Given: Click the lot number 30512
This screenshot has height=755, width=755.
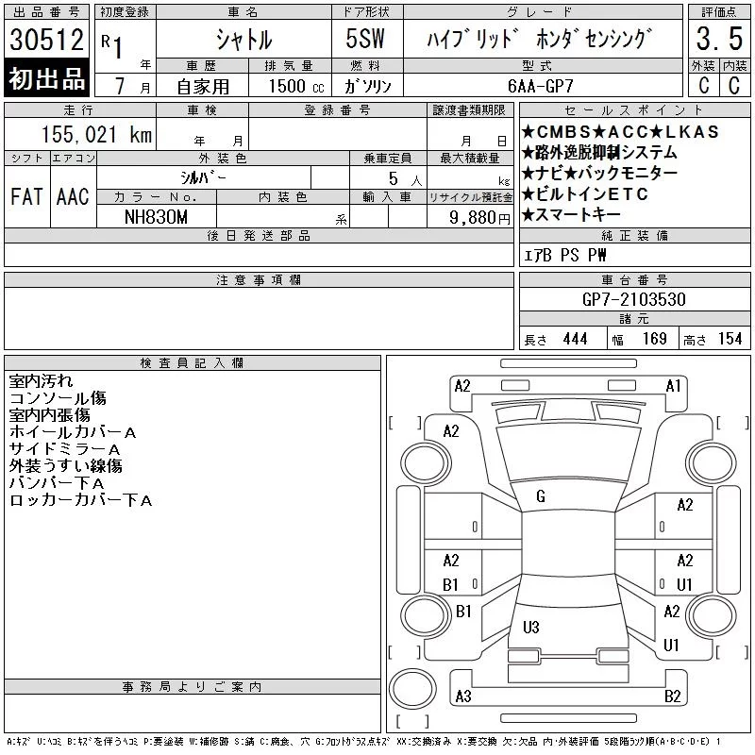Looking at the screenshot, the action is point(46,40).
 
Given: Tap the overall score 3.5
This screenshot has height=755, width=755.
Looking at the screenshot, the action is point(719,39).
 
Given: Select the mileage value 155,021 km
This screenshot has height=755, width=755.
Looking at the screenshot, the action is point(96,134).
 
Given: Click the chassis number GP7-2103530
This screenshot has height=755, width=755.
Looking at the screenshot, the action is point(634,299).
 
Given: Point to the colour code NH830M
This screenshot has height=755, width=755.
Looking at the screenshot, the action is point(156,217).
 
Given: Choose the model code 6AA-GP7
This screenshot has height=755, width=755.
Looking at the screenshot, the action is point(541,86).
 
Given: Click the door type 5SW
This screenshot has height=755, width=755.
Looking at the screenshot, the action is point(365,39).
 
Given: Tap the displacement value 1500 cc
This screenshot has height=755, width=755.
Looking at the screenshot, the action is point(296,86).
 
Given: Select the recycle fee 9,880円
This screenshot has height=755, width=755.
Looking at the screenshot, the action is point(479,218).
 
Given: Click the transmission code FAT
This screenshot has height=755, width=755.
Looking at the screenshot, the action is point(26,196).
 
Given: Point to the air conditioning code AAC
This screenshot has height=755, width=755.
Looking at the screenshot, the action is point(73,196).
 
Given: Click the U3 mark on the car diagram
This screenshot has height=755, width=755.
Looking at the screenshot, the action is point(530,627).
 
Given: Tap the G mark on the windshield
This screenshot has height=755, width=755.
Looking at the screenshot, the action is point(541,496).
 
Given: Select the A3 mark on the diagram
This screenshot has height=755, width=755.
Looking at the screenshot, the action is point(463,696).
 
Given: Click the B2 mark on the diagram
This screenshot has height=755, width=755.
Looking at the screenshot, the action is point(673,696).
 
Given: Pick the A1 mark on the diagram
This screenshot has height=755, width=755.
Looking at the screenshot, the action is point(673,386).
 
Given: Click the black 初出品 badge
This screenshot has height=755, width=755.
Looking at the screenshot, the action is point(46,78).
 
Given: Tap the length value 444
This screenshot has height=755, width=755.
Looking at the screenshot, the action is point(575,339).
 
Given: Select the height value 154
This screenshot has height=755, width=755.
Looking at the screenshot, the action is point(730,339).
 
